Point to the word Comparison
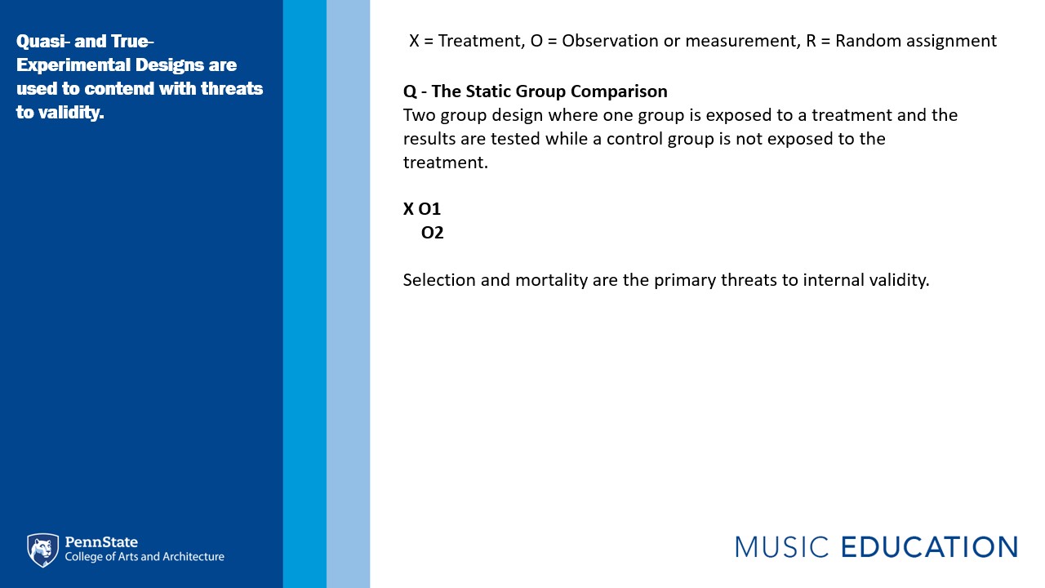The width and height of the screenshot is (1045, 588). pos(619,92)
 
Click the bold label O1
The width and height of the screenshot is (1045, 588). pos(429,208)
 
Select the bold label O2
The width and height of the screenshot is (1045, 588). pos(432,233)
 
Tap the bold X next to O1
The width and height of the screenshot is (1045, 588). pos(409,208)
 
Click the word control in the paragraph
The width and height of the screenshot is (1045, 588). pos(634,139)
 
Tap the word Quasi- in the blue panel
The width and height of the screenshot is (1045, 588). pos(43,42)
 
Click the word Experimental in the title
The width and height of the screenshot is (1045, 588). pos(73,65)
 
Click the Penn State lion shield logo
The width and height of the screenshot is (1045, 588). pos(43,550)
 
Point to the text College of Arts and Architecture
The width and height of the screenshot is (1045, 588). pos(145,557)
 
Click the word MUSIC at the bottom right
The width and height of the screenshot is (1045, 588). pos(782,547)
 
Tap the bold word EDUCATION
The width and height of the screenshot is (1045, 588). pos(929,547)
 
